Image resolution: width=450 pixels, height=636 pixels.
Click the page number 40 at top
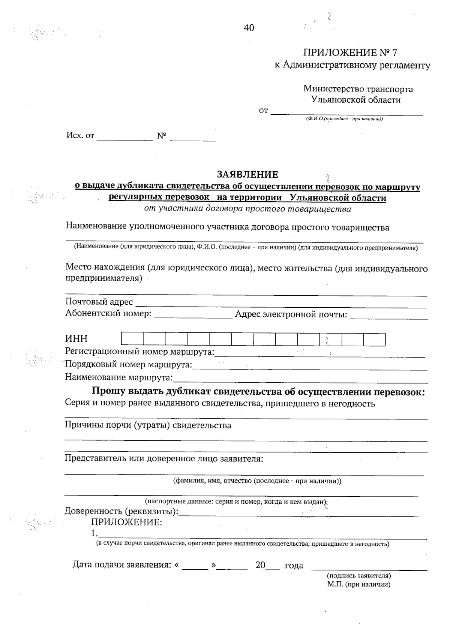coord(249,28)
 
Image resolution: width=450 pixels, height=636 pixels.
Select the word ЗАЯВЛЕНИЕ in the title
coord(247,174)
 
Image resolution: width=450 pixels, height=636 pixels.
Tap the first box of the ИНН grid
coord(132,339)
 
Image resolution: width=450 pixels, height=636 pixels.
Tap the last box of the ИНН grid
coord(374,339)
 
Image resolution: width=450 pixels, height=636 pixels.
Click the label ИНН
coord(76,338)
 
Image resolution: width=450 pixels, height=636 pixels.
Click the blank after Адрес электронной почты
coord(388,316)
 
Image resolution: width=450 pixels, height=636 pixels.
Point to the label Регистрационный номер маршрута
coord(139,352)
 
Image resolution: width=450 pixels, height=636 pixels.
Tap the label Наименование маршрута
coord(119,377)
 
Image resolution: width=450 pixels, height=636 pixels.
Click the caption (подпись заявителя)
coord(359,576)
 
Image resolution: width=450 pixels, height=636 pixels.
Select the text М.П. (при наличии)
coord(358,584)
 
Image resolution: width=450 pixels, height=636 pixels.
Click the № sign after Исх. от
coord(162,136)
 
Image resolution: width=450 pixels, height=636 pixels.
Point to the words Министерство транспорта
coord(358,89)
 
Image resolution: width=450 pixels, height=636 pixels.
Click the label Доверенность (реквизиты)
coord(121,511)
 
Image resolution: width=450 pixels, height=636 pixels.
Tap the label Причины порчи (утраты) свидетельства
coord(148,425)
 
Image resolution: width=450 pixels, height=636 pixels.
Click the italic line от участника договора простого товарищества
coord(247,209)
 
